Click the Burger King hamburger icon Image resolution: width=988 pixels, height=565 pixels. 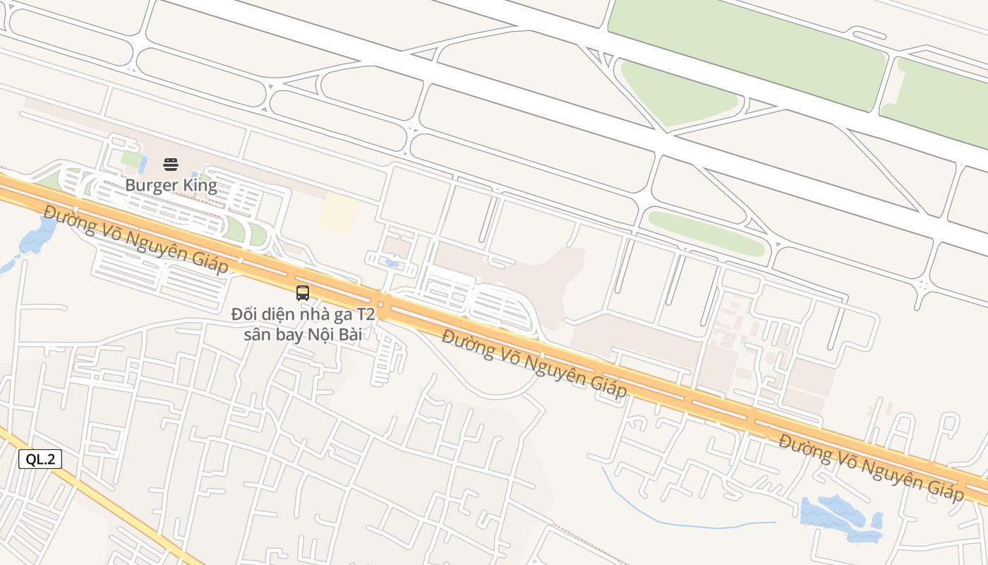[171, 165]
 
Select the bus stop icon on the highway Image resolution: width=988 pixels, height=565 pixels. [303, 292]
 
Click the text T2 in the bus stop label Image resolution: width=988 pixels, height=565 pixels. [364, 314]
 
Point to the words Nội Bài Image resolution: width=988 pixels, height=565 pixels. [335, 334]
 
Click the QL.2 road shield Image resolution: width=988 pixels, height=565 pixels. [40, 459]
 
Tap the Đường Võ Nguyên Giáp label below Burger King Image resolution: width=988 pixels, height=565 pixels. [135, 239]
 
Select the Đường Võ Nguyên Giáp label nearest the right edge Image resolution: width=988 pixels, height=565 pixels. [871, 468]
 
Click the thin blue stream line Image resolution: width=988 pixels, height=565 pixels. [677, 523]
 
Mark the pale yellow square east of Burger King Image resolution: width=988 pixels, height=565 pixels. [337, 213]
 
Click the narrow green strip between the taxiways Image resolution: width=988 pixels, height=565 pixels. [706, 233]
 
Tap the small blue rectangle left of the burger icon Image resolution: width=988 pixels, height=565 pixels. [143, 165]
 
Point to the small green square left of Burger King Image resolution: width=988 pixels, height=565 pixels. [130, 159]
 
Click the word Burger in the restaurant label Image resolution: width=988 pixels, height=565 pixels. [148, 186]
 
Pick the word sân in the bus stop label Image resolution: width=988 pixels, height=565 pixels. [257, 334]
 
